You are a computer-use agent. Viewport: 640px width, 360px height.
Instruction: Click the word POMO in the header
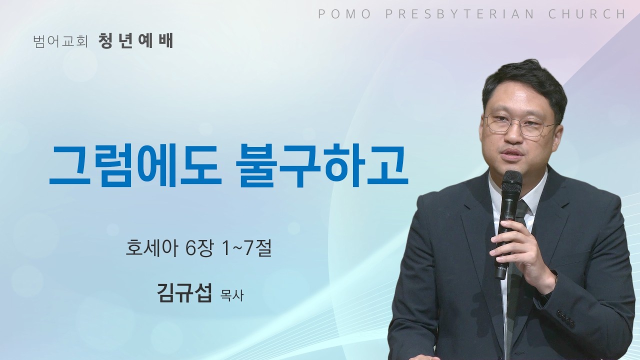[x=344, y=14]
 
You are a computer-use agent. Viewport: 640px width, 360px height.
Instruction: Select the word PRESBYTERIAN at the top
[x=459, y=14]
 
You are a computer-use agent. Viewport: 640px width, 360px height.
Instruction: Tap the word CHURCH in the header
[x=586, y=14]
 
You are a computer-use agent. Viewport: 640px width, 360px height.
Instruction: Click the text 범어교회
[x=60, y=41]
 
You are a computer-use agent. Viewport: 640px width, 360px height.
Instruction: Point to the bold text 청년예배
[x=135, y=41]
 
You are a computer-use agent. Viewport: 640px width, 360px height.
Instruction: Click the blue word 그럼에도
[x=135, y=166]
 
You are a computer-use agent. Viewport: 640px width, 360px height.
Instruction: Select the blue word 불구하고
[x=321, y=166]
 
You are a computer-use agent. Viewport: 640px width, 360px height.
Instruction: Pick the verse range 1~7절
[x=244, y=248]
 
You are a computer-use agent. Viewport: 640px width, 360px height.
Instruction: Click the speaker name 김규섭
[x=184, y=293]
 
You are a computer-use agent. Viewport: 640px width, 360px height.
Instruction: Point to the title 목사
[x=231, y=295]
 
